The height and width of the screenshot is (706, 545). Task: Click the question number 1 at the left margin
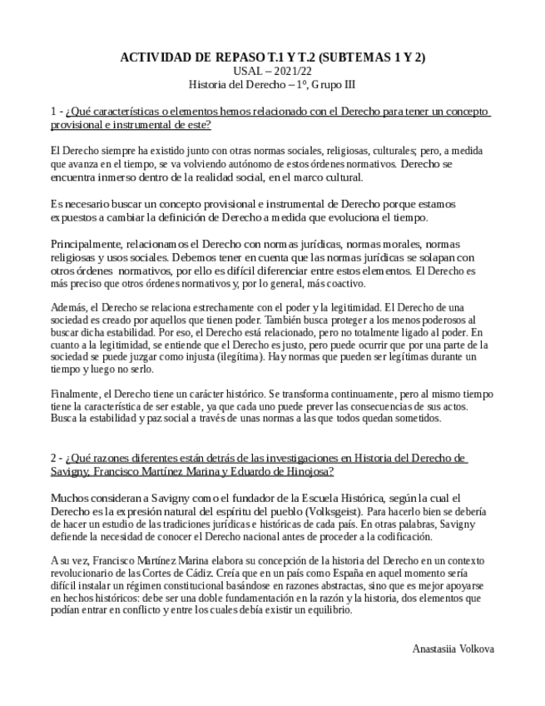coord(53,112)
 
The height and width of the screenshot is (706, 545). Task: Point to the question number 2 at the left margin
coord(53,458)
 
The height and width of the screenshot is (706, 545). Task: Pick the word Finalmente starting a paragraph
coord(76,393)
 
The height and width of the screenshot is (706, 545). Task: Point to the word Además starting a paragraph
coord(67,306)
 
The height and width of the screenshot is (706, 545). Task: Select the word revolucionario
coord(87,574)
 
